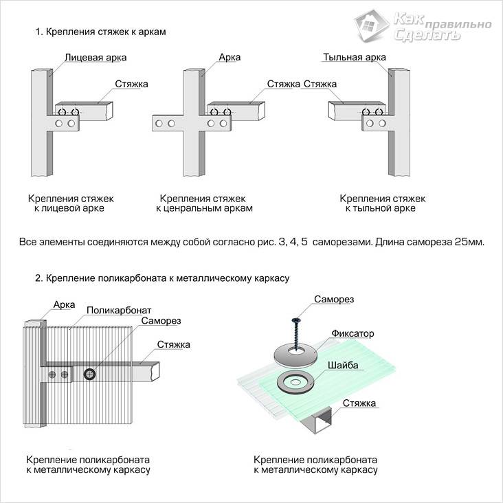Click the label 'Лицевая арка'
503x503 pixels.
tap(96, 58)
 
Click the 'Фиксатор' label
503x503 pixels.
tap(353, 333)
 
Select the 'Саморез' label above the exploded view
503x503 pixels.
tap(334, 300)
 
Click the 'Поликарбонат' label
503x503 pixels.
tap(119, 310)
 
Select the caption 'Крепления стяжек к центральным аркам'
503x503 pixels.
tap(204, 203)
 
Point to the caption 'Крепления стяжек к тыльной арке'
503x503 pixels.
tap(382, 203)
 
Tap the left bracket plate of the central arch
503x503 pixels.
tap(166, 124)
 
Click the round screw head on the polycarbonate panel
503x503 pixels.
tap(90, 374)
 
